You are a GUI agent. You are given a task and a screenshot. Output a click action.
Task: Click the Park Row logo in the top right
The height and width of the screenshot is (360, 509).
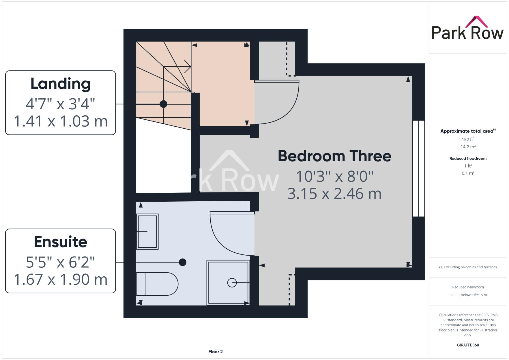pos(467,29)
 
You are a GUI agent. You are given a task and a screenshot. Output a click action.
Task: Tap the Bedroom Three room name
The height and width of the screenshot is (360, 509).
pos(334,156)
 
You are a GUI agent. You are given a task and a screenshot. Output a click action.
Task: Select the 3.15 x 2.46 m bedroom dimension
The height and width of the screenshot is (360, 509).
pos(334,194)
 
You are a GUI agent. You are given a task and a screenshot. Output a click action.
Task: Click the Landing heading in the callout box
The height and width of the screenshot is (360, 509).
pos(60,84)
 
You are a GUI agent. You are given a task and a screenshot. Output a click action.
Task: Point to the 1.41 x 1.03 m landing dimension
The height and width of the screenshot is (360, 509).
pos(60,121)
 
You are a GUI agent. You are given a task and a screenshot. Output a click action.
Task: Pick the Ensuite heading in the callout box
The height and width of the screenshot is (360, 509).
pos(60,242)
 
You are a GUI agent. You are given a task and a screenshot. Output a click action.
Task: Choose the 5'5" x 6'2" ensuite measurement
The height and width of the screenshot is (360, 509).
pos(60,262)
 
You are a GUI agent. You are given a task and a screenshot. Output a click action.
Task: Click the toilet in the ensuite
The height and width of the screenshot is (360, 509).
pos(157,284)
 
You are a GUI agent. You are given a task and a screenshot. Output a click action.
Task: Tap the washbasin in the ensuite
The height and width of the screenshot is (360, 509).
pos(147,231)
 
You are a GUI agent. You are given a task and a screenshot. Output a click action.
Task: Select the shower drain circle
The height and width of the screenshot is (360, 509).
pos(232,283)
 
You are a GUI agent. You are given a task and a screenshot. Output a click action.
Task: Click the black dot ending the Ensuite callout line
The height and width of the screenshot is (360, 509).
pos(183,262)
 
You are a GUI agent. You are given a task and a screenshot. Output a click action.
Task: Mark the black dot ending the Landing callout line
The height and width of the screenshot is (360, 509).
pos(163,104)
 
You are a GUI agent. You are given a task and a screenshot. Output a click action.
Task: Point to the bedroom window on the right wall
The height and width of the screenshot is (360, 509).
pos(418,168)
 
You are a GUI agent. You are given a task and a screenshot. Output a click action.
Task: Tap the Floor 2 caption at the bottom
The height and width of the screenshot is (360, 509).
pos(215,352)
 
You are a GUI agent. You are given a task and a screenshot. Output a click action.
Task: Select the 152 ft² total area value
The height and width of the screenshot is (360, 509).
pos(468,139)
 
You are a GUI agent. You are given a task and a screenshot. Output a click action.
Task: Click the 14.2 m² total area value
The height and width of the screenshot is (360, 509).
pos(468,147)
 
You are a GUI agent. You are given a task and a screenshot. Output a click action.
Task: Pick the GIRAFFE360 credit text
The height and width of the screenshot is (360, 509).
pos(468,345)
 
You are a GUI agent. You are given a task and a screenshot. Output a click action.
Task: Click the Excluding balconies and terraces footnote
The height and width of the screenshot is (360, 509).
pos(468,267)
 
